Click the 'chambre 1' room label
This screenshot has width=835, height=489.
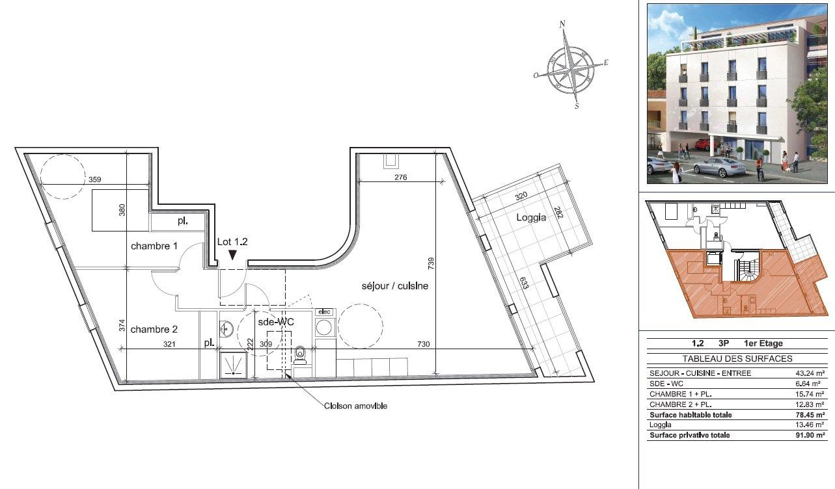154,246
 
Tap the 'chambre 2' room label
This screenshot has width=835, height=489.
154,329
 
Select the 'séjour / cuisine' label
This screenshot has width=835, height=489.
395,286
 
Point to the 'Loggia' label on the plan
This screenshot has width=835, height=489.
531,217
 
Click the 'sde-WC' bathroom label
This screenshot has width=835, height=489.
276,322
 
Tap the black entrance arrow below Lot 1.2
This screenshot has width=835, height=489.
232,255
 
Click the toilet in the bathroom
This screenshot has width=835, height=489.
300,355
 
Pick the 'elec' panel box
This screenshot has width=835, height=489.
325,311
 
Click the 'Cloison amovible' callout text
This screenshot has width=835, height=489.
355,406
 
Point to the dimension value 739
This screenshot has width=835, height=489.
431,263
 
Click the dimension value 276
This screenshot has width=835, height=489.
401,178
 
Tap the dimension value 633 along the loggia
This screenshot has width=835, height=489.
524,283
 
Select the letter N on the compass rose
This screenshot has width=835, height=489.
563,25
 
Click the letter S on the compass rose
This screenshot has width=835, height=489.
577,106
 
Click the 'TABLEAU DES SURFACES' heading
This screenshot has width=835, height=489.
737,359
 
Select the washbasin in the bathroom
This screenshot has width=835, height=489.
226,330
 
